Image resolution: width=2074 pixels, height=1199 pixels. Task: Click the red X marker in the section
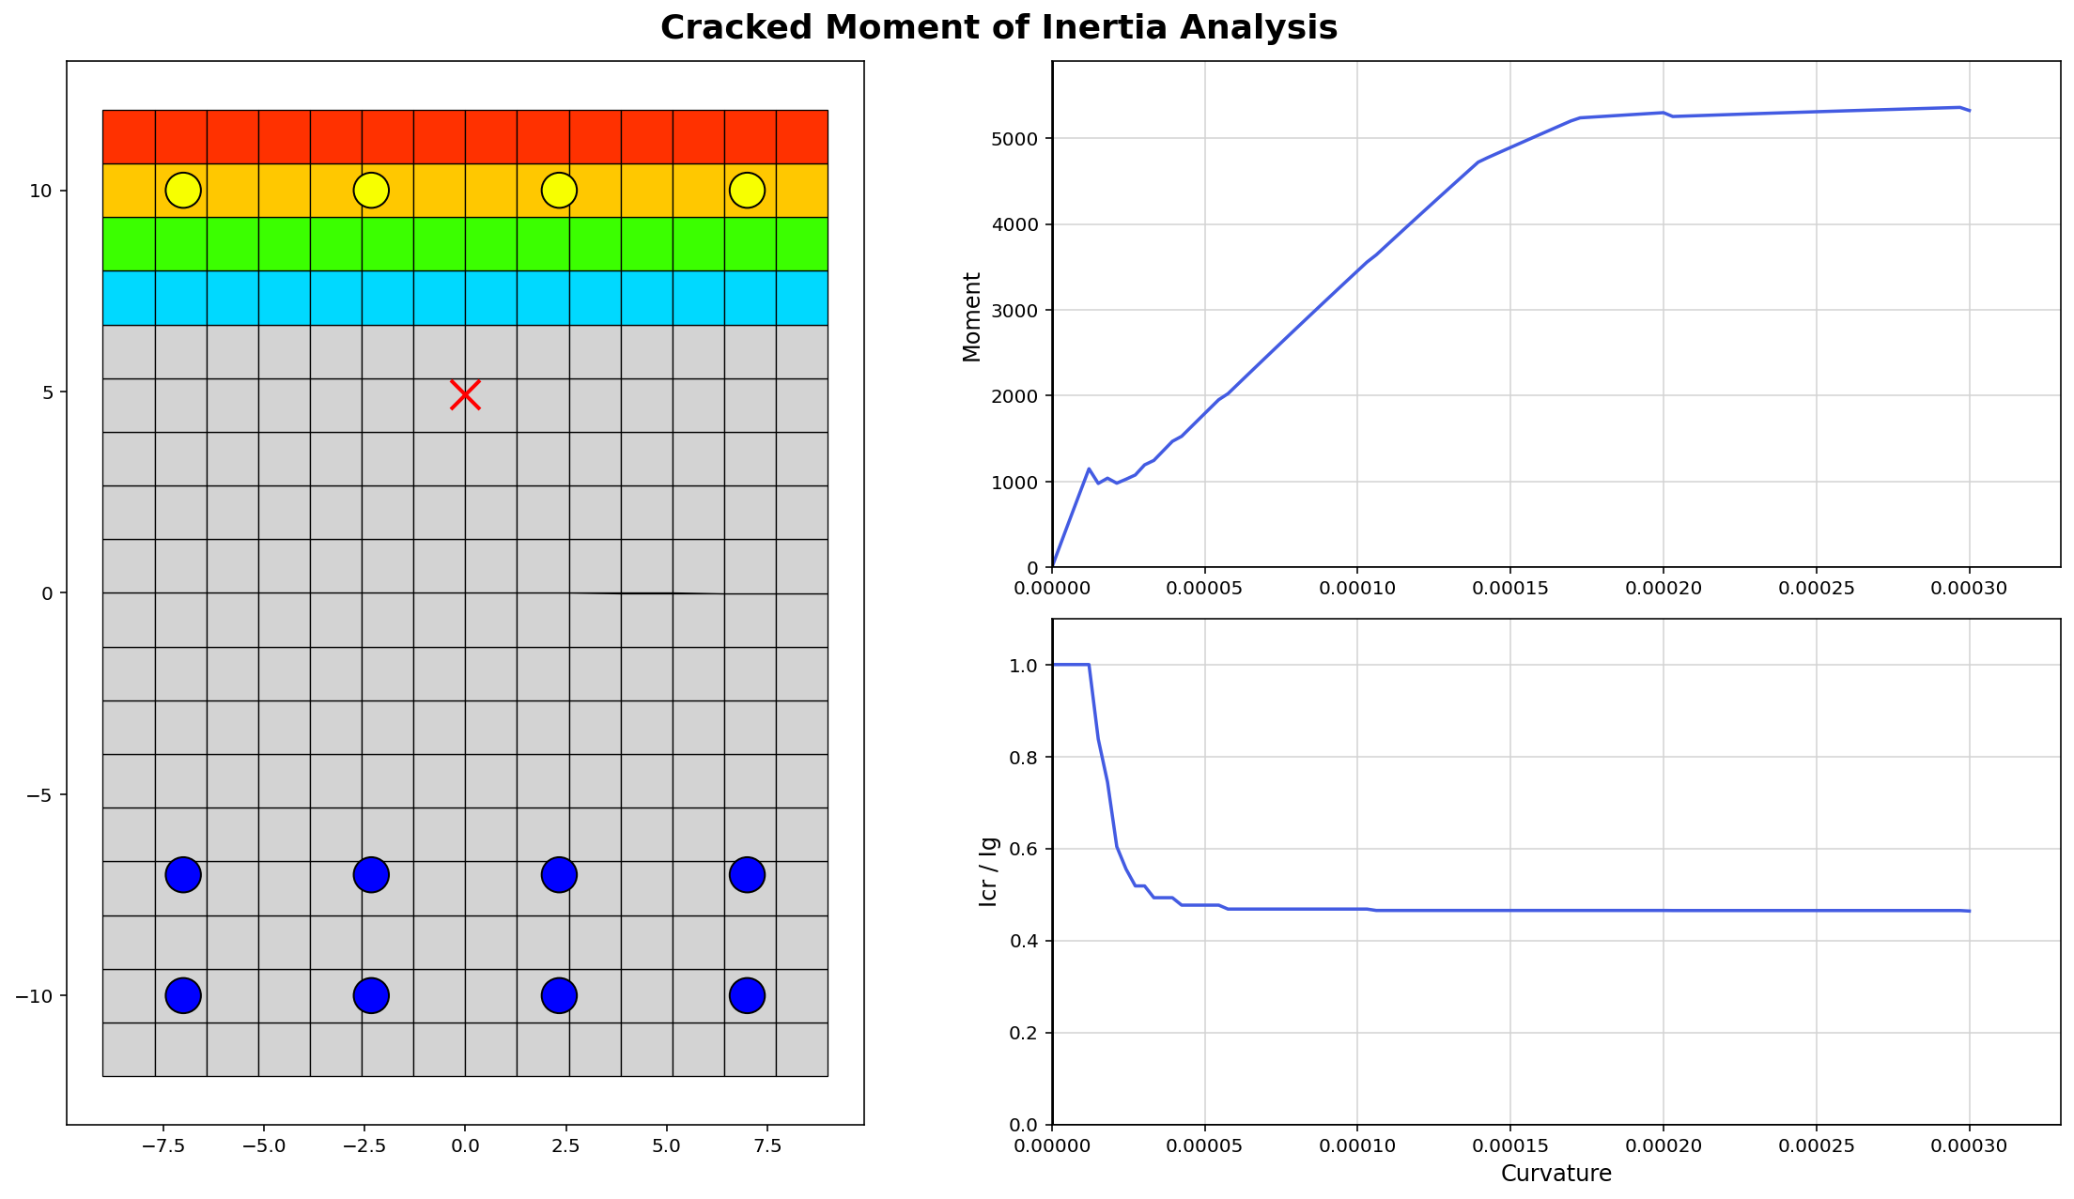pos(465,395)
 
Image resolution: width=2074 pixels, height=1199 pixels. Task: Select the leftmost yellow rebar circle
pos(183,191)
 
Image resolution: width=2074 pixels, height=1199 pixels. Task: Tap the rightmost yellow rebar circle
pos(747,191)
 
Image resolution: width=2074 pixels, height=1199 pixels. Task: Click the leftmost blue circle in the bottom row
pos(183,995)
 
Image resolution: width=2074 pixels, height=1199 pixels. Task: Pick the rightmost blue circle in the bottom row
pos(747,995)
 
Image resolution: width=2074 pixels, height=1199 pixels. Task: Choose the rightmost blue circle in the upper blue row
pos(747,875)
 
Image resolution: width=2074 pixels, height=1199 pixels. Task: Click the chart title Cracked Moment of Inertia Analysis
pos(998,28)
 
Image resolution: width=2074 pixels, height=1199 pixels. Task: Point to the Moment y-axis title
pos(972,317)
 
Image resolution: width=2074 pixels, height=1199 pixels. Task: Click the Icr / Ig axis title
pos(988,871)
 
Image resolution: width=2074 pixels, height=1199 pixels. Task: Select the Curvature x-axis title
pos(1555,1174)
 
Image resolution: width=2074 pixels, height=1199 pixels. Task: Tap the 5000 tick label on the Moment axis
pos(1019,139)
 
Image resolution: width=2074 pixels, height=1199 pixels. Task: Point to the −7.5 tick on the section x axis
pos(163,1148)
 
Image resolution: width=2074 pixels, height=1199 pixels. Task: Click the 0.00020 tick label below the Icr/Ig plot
pos(1663,1146)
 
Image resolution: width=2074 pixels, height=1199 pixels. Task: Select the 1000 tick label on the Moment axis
pos(1019,483)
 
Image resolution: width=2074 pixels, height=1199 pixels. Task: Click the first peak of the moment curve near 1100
pos(1089,469)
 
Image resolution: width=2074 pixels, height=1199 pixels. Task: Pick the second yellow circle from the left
pos(371,191)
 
